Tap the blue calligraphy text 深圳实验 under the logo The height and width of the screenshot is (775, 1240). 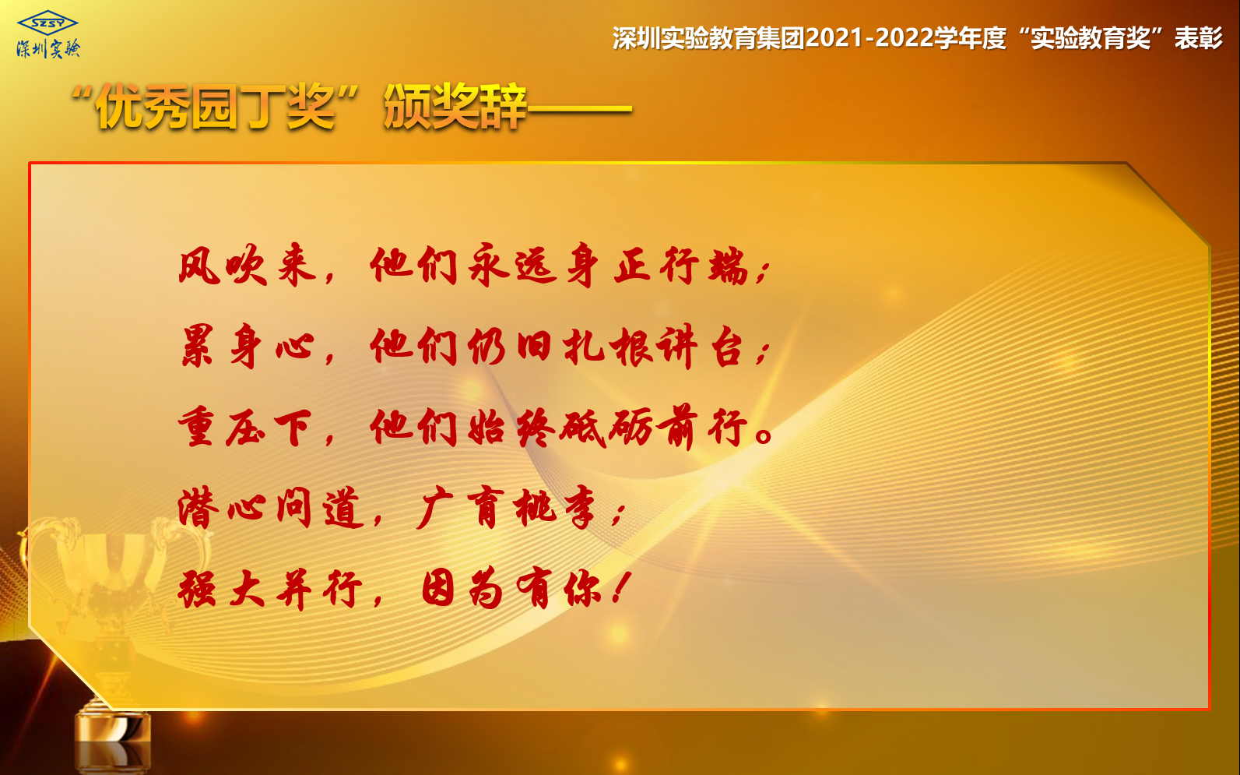(x=48, y=49)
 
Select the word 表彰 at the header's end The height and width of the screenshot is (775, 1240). (x=1199, y=38)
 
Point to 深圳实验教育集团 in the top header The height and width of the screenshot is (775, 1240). (x=708, y=38)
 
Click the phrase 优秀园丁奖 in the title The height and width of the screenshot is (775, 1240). (x=216, y=107)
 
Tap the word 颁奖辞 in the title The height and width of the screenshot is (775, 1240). (x=455, y=107)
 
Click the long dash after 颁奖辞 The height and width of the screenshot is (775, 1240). (x=580, y=108)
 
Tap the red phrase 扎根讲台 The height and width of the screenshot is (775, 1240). (x=654, y=347)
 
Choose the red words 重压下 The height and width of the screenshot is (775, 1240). (x=246, y=427)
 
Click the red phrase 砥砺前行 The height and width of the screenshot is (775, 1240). (x=654, y=427)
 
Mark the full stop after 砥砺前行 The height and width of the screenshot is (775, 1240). (x=764, y=435)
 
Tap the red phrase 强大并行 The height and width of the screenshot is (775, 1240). (x=270, y=590)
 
